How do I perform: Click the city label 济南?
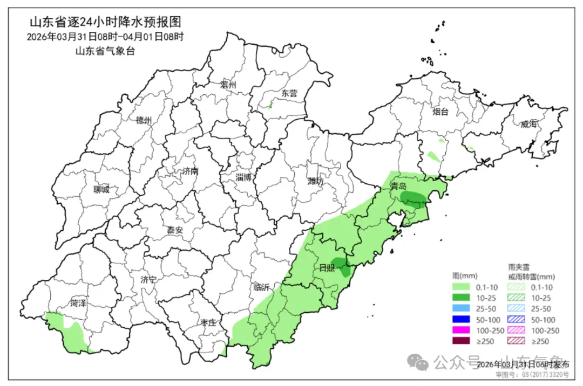point(190,171)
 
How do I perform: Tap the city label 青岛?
point(398,186)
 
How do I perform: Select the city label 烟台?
point(440,112)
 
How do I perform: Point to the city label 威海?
point(530,124)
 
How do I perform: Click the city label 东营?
point(289,93)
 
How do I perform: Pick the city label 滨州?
point(229,85)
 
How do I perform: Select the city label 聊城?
point(101,189)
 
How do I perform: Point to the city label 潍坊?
point(316,181)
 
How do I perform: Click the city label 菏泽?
point(78,303)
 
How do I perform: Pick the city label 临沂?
point(262,287)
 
